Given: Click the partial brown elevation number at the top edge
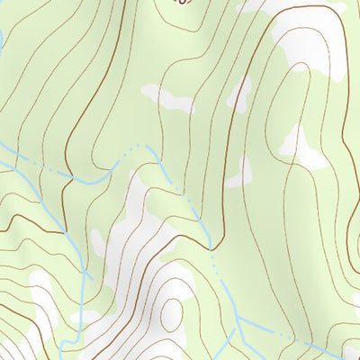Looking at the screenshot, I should click(x=184, y=3).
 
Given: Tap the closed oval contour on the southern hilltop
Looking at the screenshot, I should click(x=172, y=311).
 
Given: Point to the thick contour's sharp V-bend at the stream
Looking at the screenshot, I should click(x=213, y=244).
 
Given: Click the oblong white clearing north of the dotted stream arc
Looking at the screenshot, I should click(x=167, y=97).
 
